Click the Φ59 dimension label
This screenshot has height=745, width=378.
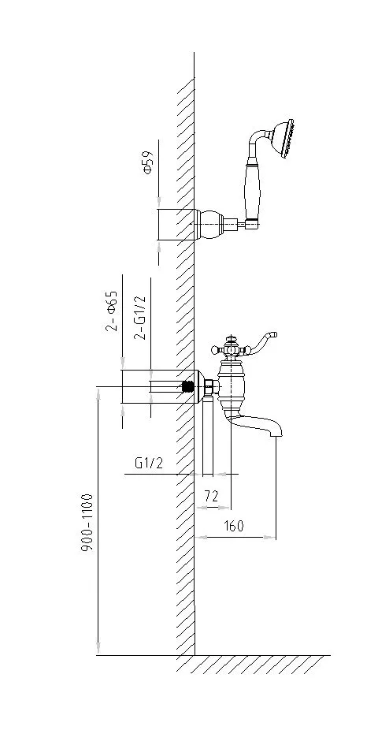pos(148,163)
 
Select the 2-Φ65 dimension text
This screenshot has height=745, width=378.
pos(112,311)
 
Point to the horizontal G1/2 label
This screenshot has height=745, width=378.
pos(149,463)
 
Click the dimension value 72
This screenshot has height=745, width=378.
pos(211,497)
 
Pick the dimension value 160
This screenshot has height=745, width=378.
pos(232,526)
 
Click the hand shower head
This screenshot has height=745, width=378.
pos(283,138)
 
